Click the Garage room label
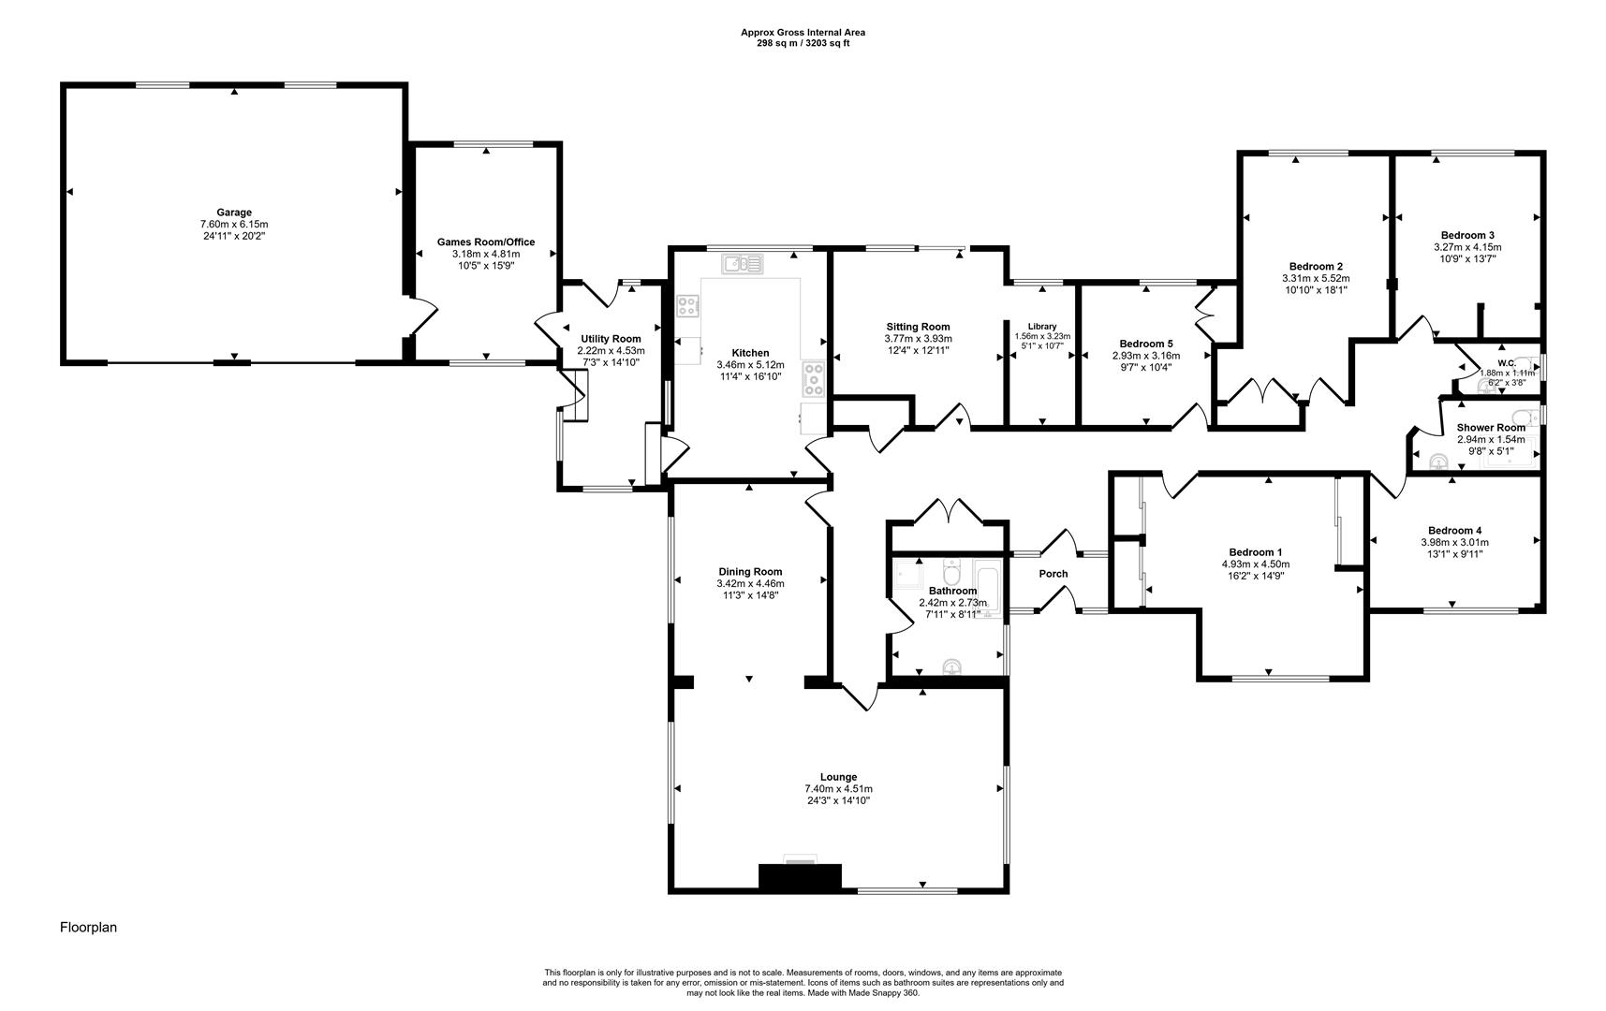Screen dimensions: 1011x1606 pyautogui.click(x=234, y=212)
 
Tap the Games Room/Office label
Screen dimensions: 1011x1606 pyautogui.click(x=486, y=242)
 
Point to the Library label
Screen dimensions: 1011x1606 pyautogui.click(x=1041, y=327)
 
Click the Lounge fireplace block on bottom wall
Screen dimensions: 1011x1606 pyautogui.click(x=800, y=876)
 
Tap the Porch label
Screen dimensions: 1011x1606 pyautogui.click(x=1053, y=574)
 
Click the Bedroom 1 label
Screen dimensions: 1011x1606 pyautogui.click(x=1256, y=552)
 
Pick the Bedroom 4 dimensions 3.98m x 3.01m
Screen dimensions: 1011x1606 pyautogui.click(x=1454, y=542)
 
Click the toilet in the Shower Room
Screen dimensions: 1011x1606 pyautogui.click(x=1440, y=462)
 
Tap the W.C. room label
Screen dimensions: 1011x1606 pyautogui.click(x=1506, y=363)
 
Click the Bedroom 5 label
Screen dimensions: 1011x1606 pyautogui.click(x=1145, y=344)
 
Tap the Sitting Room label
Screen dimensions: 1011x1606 pyautogui.click(x=918, y=327)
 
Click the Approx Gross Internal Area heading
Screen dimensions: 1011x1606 pyautogui.click(x=803, y=32)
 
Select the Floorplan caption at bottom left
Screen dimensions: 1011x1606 pyautogui.click(x=88, y=928)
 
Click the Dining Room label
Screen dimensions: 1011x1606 pyautogui.click(x=750, y=572)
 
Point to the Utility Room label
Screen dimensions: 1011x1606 pyautogui.click(x=611, y=339)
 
